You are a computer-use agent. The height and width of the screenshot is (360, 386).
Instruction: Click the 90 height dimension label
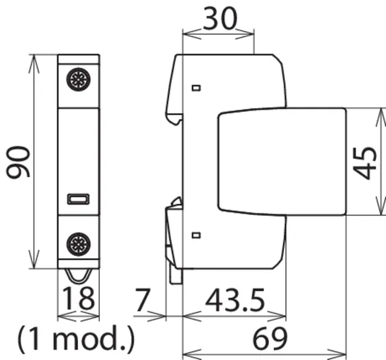tap(18, 161)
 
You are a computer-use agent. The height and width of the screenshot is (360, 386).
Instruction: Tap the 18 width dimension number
tap(78, 298)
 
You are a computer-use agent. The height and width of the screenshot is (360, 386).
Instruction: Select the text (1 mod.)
tap(76, 338)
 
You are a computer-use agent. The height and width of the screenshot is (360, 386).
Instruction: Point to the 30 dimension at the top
tap(220, 19)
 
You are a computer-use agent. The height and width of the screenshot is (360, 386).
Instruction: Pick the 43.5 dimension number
tap(235, 300)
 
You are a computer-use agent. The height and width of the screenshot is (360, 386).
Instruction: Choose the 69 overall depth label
tap(270, 338)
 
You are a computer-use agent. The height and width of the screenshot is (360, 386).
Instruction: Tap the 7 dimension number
tap(143, 300)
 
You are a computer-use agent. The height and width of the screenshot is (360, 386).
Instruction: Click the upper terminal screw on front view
tap(78, 79)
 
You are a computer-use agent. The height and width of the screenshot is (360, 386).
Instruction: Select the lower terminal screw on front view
tap(78, 244)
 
